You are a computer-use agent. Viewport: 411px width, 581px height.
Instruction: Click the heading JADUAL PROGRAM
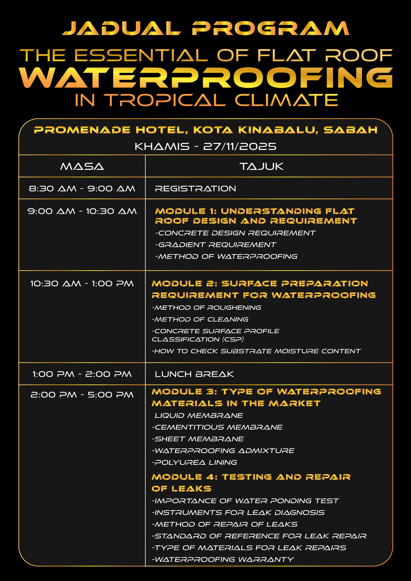(x=205, y=28)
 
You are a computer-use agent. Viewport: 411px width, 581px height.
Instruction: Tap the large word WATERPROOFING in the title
(x=205, y=77)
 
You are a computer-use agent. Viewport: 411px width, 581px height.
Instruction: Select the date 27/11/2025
(x=240, y=147)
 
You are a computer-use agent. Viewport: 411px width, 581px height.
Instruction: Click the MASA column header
(x=82, y=166)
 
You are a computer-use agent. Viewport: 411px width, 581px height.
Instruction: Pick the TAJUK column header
(x=261, y=166)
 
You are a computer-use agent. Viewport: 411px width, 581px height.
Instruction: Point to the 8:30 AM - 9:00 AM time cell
(x=82, y=189)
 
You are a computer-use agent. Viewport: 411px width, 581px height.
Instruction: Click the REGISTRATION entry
(x=195, y=189)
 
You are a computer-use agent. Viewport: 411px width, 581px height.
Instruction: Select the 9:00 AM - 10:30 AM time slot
(x=82, y=211)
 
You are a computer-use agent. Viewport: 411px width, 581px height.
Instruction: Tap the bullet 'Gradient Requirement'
(x=216, y=245)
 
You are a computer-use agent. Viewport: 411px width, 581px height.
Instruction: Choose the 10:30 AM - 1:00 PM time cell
(x=82, y=284)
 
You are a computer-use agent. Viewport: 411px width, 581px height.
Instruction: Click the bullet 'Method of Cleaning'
(x=200, y=319)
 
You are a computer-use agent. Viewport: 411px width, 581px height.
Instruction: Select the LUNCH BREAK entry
(x=194, y=374)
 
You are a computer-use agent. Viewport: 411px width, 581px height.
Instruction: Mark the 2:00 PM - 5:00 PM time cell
(x=82, y=395)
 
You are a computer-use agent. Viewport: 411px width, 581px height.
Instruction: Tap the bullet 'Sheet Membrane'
(x=198, y=439)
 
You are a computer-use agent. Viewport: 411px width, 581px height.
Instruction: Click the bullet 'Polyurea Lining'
(x=194, y=462)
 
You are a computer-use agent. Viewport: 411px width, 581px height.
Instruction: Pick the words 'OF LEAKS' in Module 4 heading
(x=181, y=489)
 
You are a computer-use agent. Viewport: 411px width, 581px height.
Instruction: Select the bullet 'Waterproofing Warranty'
(x=223, y=559)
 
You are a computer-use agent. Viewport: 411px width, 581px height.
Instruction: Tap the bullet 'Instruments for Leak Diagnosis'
(x=238, y=512)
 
